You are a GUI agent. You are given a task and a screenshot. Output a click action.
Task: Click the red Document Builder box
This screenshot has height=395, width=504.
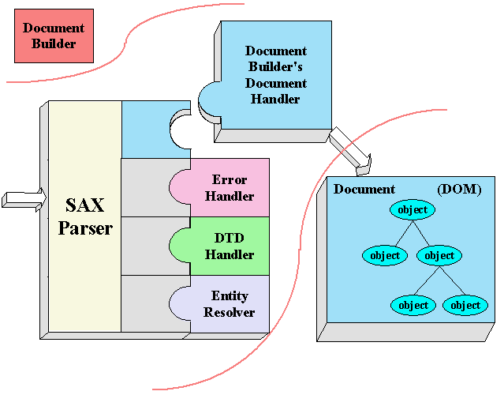point(54,36)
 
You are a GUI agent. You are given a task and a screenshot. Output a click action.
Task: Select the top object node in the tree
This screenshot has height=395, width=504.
point(413,210)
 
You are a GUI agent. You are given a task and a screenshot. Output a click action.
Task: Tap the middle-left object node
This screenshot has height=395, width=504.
point(384,255)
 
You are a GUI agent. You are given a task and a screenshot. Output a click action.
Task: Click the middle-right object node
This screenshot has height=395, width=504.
point(439,255)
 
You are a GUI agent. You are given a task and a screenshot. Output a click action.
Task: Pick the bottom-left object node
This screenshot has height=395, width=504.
point(413,305)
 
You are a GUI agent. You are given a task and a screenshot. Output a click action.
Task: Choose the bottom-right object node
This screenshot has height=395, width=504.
point(465,305)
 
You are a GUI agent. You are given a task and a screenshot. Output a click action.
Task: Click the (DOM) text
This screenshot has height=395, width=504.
point(459,190)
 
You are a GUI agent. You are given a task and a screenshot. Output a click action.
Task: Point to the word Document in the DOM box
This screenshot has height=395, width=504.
point(364,190)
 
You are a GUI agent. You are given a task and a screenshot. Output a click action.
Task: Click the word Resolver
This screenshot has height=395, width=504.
point(230,312)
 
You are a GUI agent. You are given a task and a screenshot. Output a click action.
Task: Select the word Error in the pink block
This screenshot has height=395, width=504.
point(230,180)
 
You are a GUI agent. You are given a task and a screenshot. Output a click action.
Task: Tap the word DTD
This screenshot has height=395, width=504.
point(230,239)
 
